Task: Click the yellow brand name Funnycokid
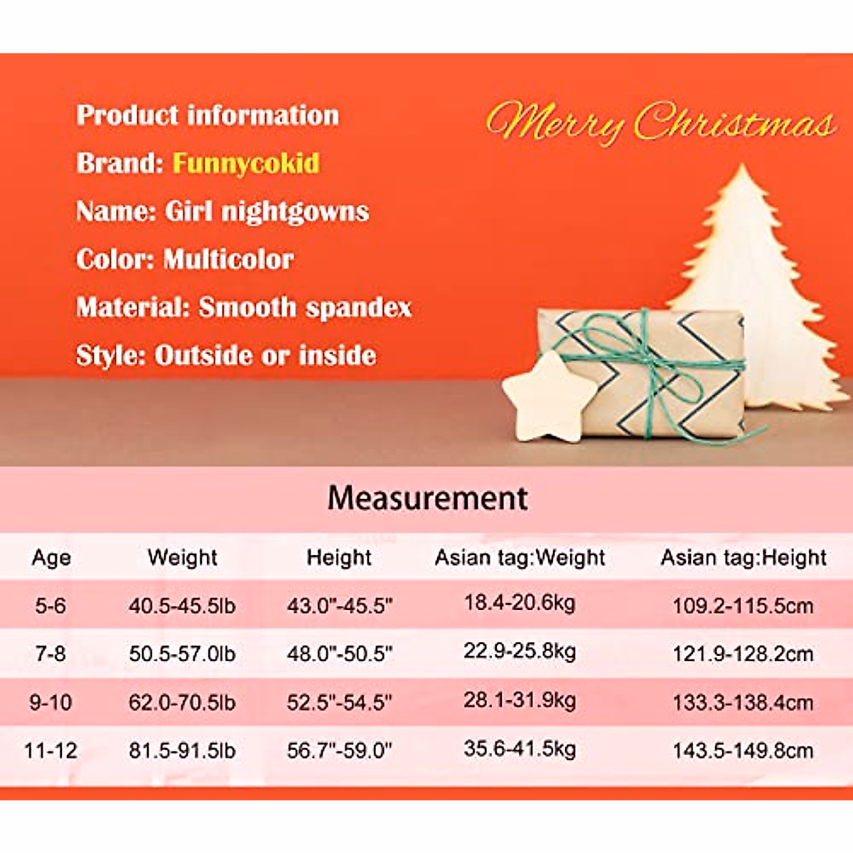coord(246,163)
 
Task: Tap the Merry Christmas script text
coord(661,122)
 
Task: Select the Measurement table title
coord(427,498)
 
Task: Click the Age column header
coord(51,558)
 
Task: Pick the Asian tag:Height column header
coord(744,558)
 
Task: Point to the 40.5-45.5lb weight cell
coord(182,606)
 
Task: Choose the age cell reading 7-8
coord(50,653)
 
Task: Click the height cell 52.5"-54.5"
coord(339,702)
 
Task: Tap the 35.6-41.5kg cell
coord(520,749)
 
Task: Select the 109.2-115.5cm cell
coord(743,606)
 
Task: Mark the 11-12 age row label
coord(50,751)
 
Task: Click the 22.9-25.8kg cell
coord(520,651)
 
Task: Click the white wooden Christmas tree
coord(753,284)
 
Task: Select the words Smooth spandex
coord(305,308)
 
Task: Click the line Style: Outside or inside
coord(226,355)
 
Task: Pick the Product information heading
coord(208,116)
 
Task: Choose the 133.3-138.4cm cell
coord(743,703)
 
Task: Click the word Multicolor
coord(228,259)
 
